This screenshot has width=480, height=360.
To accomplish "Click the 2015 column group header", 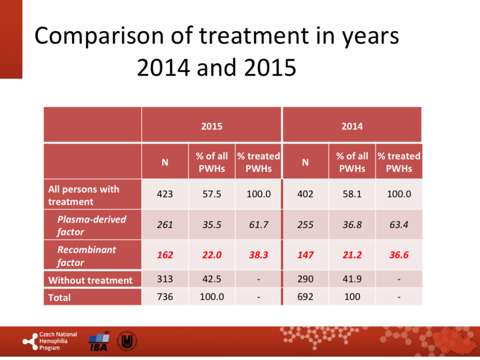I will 211,126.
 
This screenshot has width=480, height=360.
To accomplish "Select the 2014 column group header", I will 352,126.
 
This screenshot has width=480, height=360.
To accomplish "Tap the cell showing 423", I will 165,194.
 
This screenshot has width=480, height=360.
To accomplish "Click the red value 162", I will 165,255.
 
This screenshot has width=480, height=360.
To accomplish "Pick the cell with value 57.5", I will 211,194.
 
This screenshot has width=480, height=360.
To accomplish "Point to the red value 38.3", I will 258,255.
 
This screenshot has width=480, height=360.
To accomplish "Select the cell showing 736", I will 165,297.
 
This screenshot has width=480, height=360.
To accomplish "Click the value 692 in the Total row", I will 305,297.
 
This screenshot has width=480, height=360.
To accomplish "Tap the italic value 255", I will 305,225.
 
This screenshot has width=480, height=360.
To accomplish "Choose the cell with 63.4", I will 398,225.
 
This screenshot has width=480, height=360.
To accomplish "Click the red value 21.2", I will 352,255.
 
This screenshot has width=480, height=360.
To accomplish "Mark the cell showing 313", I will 165,280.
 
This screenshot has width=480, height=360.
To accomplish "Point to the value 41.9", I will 352,280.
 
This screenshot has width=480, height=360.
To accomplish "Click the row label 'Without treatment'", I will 90,280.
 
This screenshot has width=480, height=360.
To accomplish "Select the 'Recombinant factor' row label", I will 87,255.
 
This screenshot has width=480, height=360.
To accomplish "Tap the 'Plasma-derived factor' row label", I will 92,225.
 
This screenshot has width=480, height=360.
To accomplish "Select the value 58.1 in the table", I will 352,194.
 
